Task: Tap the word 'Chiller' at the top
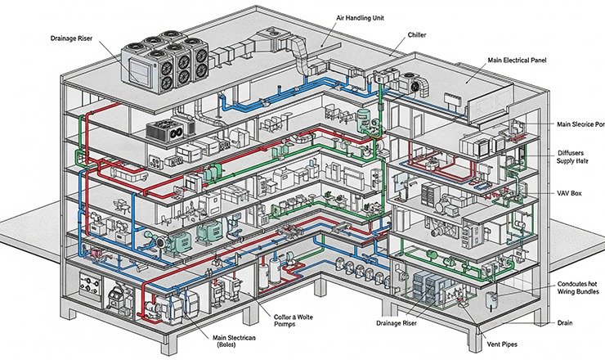(416, 36)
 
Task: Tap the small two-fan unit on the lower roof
(168, 130)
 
